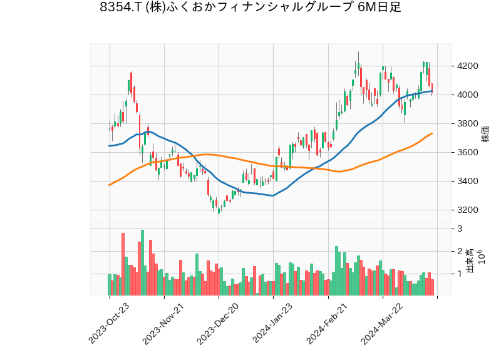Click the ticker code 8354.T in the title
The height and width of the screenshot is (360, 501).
(x=120, y=8)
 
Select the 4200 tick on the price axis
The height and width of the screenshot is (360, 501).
(x=468, y=66)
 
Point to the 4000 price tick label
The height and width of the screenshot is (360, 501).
(x=468, y=95)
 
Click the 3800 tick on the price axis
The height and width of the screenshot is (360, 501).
(x=468, y=124)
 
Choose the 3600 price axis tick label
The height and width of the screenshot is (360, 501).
(x=468, y=153)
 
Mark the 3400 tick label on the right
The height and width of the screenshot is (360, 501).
(x=468, y=182)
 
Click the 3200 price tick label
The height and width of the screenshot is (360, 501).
(x=468, y=210)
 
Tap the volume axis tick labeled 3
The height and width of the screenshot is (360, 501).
(x=460, y=229)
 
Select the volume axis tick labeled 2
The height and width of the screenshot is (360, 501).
(x=460, y=252)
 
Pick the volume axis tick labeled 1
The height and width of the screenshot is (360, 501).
(x=460, y=274)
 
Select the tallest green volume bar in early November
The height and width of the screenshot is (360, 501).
(x=142, y=263)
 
